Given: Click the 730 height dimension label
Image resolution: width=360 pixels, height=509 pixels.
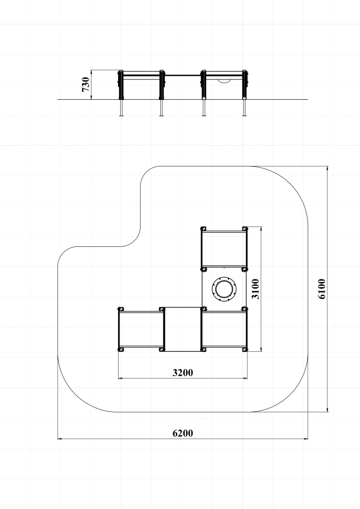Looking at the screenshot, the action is point(86,84).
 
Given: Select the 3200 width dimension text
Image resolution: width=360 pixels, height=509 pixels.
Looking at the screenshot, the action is point(183,373).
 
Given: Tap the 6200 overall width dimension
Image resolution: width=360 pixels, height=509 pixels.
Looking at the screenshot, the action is point(183,433).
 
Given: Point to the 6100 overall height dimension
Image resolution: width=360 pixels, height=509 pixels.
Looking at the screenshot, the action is point(321,289).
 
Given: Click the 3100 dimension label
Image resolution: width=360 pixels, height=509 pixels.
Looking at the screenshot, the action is point(256,289).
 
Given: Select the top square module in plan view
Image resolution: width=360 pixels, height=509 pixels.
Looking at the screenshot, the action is point(224,249).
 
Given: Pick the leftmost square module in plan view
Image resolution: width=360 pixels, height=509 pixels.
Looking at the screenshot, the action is point(141,329).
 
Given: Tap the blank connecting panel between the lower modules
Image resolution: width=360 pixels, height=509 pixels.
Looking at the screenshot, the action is point(183,329).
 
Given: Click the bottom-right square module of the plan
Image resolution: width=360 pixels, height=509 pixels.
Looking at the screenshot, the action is point(224,329).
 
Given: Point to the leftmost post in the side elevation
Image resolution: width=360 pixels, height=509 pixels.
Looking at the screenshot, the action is point(121,93).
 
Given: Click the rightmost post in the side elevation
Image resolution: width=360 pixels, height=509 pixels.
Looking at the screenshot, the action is point(245,93).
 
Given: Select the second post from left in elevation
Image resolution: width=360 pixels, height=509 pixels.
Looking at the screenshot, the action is point(161,93).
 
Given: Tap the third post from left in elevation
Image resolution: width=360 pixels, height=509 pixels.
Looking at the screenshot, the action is point(204,93).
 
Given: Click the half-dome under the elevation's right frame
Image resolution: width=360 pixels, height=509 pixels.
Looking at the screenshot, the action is point(224,81).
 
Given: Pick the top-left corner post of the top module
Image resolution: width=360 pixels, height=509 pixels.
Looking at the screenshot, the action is point(203,229).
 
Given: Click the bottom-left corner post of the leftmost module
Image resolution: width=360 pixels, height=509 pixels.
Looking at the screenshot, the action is point(121,349).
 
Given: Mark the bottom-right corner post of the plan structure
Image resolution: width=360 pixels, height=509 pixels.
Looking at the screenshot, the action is point(245,349).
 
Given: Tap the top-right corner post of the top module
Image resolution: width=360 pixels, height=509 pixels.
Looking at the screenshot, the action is point(245,229).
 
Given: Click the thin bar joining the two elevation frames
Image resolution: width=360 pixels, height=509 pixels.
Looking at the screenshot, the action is point(183,75).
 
